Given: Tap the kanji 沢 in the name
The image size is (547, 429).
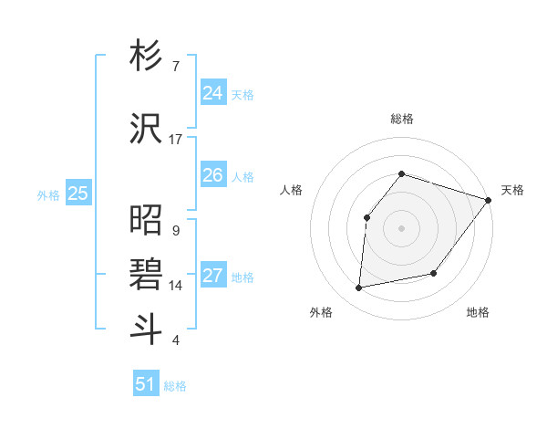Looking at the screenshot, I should (147, 130).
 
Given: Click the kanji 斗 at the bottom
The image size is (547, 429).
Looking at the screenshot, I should (147, 329).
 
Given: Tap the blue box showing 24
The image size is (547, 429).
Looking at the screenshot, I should (212, 93).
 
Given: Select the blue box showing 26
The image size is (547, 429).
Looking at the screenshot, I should (212, 175).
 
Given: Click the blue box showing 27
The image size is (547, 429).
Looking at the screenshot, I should (212, 276).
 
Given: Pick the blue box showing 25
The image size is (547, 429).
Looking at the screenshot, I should (78, 194).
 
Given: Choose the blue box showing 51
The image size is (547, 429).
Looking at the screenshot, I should (146, 384).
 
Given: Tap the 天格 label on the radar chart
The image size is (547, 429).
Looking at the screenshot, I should (512, 190).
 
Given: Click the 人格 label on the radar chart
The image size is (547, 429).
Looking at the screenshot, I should (291, 190).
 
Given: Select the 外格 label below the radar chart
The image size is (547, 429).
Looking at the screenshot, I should (320, 313).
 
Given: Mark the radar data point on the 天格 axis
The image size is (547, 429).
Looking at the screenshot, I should (488, 200).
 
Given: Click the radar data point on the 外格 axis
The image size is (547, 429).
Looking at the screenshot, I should (359, 288).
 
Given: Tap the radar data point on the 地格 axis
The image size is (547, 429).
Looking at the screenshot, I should (434, 273).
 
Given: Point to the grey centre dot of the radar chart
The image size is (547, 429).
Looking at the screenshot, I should (401, 227).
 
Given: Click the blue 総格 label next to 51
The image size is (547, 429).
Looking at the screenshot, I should (175, 386).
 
